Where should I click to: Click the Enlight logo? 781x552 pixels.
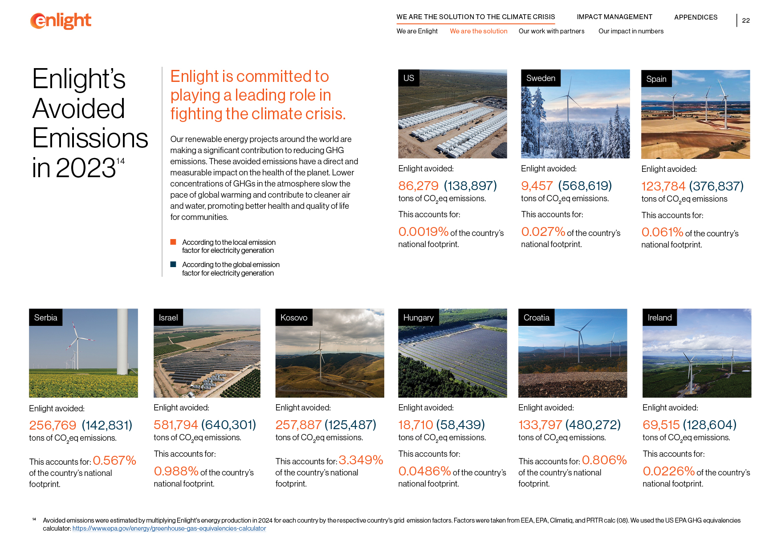[x=61, y=21]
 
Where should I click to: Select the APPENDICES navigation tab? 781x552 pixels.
[x=696, y=17]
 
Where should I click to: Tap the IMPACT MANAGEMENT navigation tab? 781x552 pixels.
[x=614, y=17]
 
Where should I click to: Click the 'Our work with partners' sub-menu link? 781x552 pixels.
[x=551, y=31]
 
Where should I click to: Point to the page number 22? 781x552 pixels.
[x=746, y=20]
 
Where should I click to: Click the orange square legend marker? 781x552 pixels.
[x=173, y=242]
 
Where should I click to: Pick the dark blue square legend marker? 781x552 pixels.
[x=173, y=264]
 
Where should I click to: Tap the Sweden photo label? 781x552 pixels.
[x=541, y=78]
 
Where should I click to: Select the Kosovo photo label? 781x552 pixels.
[x=294, y=318]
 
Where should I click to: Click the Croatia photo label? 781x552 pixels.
[x=536, y=318]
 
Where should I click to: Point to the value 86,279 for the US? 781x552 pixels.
[x=418, y=186]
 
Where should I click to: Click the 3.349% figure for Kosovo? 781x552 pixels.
[x=361, y=460]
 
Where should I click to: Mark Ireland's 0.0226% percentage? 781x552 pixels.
[x=668, y=471]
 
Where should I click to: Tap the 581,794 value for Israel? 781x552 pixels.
[x=175, y=425]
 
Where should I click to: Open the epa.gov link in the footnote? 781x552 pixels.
[x=169, y=528]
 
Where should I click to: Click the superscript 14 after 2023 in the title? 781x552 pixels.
[x=120, y=161]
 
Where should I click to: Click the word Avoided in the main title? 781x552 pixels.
[x=78, y=109]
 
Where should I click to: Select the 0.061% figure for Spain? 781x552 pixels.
[x=662, y=232]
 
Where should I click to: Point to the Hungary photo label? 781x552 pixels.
[x=418, y=318]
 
